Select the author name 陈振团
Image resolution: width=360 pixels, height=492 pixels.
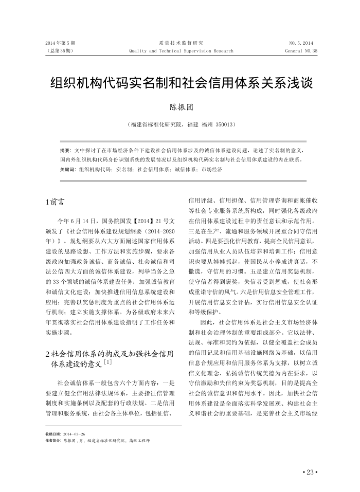coord(180,107)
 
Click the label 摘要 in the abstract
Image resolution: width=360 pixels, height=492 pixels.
coord(65,151)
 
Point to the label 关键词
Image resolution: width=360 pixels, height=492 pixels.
coord(68,169)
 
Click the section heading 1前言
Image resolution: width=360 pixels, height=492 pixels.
coord(55,201)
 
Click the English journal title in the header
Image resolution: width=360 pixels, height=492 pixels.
coord(181,51)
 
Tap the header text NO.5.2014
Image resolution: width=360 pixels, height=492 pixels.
coord(301,43)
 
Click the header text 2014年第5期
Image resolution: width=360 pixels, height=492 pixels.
coord(61,43)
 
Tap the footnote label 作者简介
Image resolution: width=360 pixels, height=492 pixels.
coord(53,441)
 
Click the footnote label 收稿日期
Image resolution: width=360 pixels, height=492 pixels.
coord(53,434)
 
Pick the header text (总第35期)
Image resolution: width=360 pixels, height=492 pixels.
coord(60,51)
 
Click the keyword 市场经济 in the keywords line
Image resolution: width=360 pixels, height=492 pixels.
coord(211,169)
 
